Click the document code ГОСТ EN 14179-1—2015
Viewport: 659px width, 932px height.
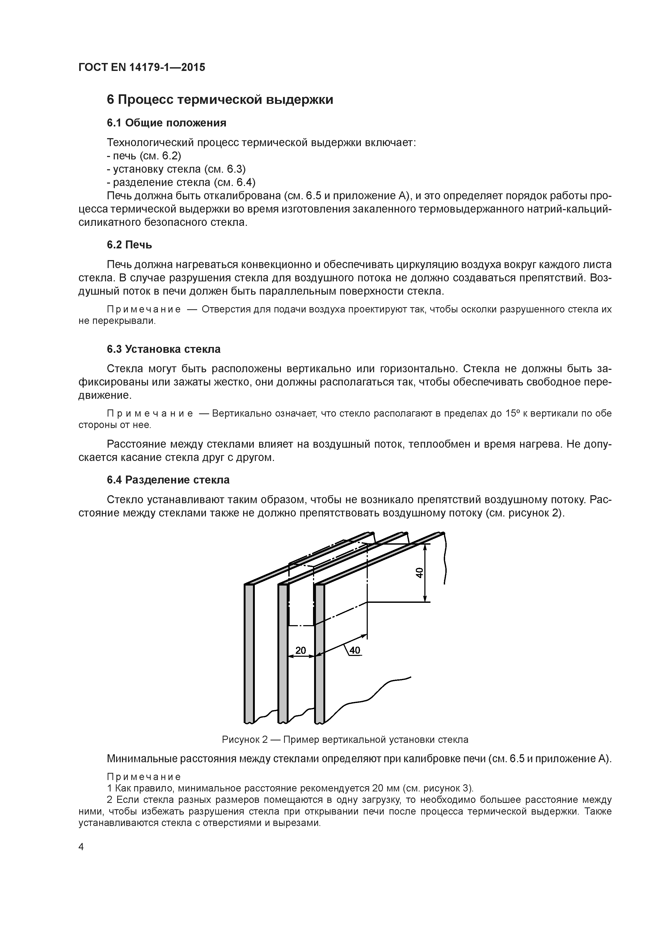tap(142, 67)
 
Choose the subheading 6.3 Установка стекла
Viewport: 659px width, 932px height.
tap(164, 349)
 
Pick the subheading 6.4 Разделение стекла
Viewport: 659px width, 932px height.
tap(168, 480)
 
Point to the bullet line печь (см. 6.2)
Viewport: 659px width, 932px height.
tap(144, 156)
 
